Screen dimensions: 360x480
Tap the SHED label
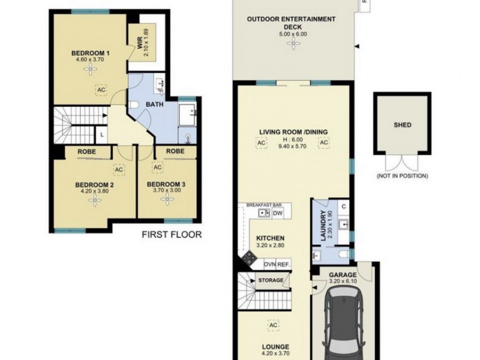pos(402,126)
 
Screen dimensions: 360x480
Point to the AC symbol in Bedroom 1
pos(101,89)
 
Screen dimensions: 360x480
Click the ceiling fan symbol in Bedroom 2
pos(94,201)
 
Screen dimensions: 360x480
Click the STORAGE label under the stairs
pos(271,280)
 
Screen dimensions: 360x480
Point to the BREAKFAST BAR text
pos(264,205)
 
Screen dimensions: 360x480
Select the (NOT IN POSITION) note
pos(402,176)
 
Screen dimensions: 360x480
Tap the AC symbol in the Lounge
pos(273,325)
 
